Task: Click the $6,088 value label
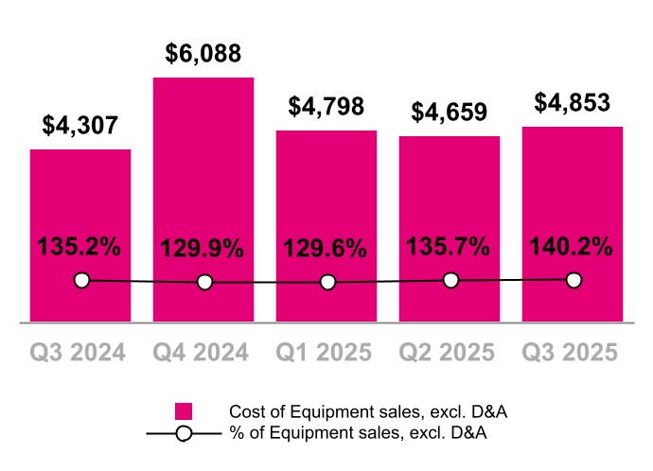pos(203,53)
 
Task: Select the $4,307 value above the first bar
pos(80,125)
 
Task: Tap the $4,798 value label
pos(326,107)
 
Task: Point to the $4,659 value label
pos(450,113)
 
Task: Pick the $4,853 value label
pos(573,102)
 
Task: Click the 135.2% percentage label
pos(79,247)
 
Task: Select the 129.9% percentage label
pos(203,250)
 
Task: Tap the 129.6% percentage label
pos(326,250)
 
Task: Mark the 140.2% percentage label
pos(572,247)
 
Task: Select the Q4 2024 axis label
pos(201,352)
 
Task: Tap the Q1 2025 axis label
pos(325,352)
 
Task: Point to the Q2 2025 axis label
pos(449,352)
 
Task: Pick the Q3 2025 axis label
pos(573,352)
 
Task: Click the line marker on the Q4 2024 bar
pos(204,282)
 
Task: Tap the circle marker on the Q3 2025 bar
pos(574,279)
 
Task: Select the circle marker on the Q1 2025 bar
pos(327,282)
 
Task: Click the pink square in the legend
pos(185,411)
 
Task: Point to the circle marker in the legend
pos(185,433)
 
